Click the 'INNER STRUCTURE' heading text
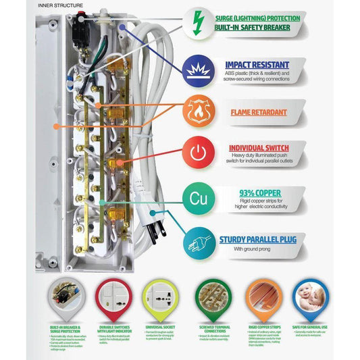[61, 5]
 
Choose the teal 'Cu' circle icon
[198, 199]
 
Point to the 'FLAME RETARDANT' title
[260, 113]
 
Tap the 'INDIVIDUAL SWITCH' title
[259, 148]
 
